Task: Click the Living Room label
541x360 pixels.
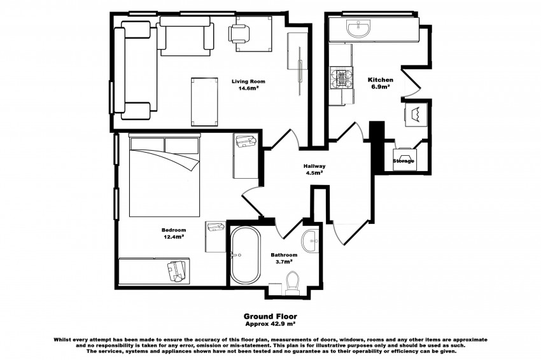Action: click(x=248, y=81)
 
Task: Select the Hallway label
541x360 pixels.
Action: click(x=314, y=165)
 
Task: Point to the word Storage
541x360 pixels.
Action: click(x=404, y=161)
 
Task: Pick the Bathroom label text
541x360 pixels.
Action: click(x=284, y=254)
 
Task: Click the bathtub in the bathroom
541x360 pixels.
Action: click(x=245, y=256)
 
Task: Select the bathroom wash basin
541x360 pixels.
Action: click(x=311, y=239)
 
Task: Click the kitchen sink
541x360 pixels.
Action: click(x=360, y=28)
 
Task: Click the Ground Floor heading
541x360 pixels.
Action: click(x=270, y=315)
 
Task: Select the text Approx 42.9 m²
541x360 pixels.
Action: click(x=270, y=322)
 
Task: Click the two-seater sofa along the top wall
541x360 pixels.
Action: click(x=186, y=35)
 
